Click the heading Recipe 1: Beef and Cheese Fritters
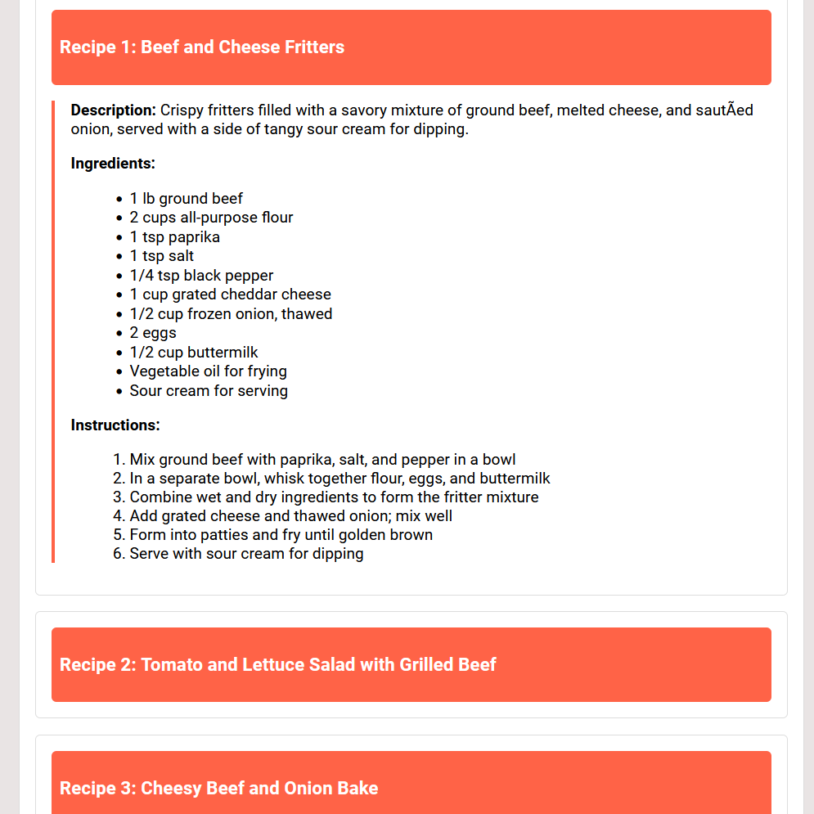tap(202, 47)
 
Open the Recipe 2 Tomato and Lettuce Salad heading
tap(277, 665)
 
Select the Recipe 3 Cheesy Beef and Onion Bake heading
tap(218, 789)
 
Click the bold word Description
tap(113, 110)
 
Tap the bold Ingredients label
tap(113, 164)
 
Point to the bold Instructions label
tap(115, 425)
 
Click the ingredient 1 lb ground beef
tap(186, 199)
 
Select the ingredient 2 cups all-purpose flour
tap(211, 218)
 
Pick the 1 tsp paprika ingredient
tap(174, 237)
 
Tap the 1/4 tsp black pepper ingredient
tap(201, 276)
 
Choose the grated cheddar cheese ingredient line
tap(230, 295)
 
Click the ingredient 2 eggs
tap(153, 333)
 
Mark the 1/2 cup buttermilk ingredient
tap(194, 353)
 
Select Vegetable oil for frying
tap(208, 371)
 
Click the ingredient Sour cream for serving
tap(209, 391)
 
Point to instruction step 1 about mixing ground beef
tap(322, 460)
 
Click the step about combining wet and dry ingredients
tap(334, 497)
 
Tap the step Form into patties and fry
tap(281, 535)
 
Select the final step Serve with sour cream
tap(246, 554)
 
